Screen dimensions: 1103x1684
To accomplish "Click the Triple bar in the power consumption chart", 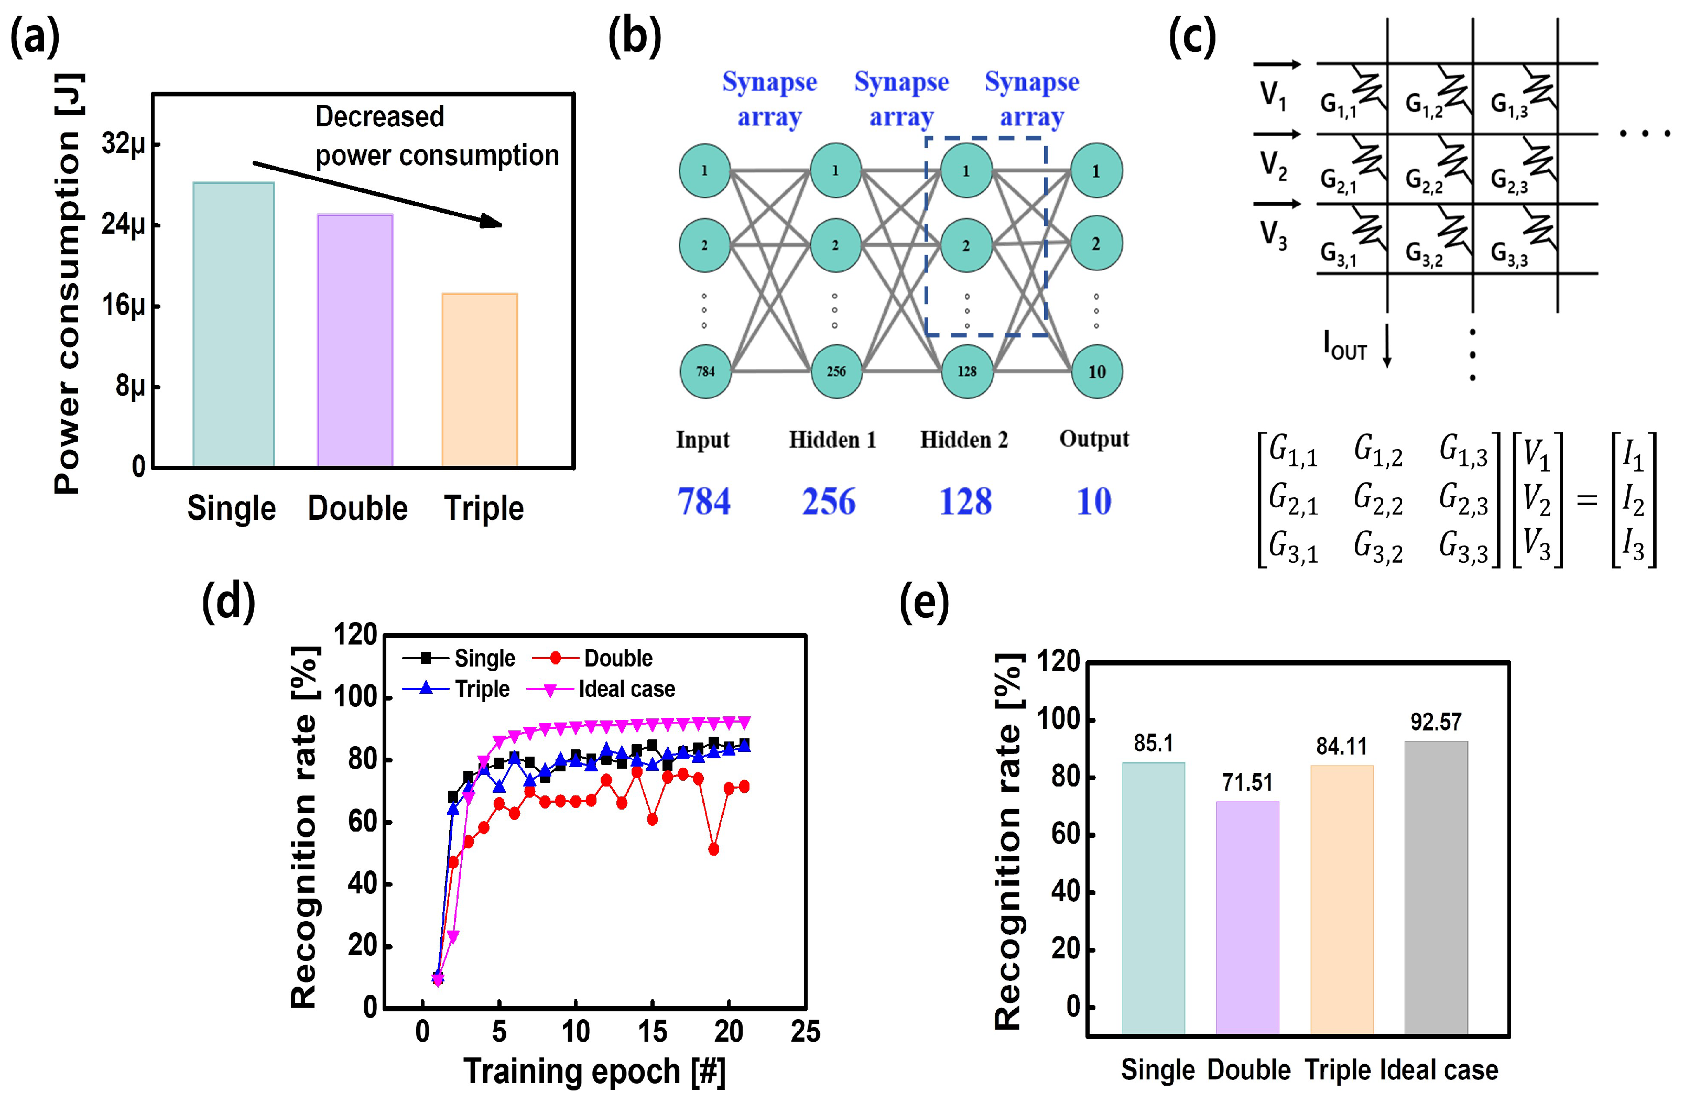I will coord(480,380).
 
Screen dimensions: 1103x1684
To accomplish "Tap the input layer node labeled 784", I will coord(705,371).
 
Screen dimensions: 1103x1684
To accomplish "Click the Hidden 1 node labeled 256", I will coord(835,371).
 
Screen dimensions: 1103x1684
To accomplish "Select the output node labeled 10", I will coord(1096,372).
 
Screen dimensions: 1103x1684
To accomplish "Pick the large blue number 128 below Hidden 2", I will coord(965,501).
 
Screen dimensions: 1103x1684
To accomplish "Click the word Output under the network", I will coord(1094,439).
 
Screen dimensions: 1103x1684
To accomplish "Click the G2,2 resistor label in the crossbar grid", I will coord(1424,181).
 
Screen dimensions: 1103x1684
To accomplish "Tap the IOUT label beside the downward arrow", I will coord(1345,347).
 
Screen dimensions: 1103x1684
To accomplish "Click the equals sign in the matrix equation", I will coord(1587,500).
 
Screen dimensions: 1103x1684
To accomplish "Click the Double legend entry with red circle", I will coord(617,658).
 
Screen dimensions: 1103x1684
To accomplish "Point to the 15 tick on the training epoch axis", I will coord(651,1032).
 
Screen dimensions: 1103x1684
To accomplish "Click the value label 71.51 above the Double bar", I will coord(1247,782).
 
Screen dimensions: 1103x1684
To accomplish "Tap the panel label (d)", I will coord(229,602).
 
